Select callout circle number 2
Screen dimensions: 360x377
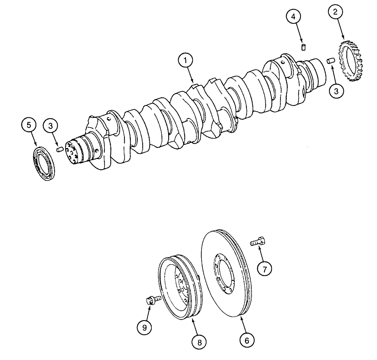pos(335,12)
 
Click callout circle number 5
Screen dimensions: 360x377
pos(29,125)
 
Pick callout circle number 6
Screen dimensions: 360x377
pos(247,340)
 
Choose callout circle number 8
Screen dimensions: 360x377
pos(199,342)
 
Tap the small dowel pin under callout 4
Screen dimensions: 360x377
pos(302,47)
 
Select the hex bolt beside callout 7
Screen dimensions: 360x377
pos(259,243)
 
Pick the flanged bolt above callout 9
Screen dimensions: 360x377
pos(152,300)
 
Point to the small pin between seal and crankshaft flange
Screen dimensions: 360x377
pos(59,150)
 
